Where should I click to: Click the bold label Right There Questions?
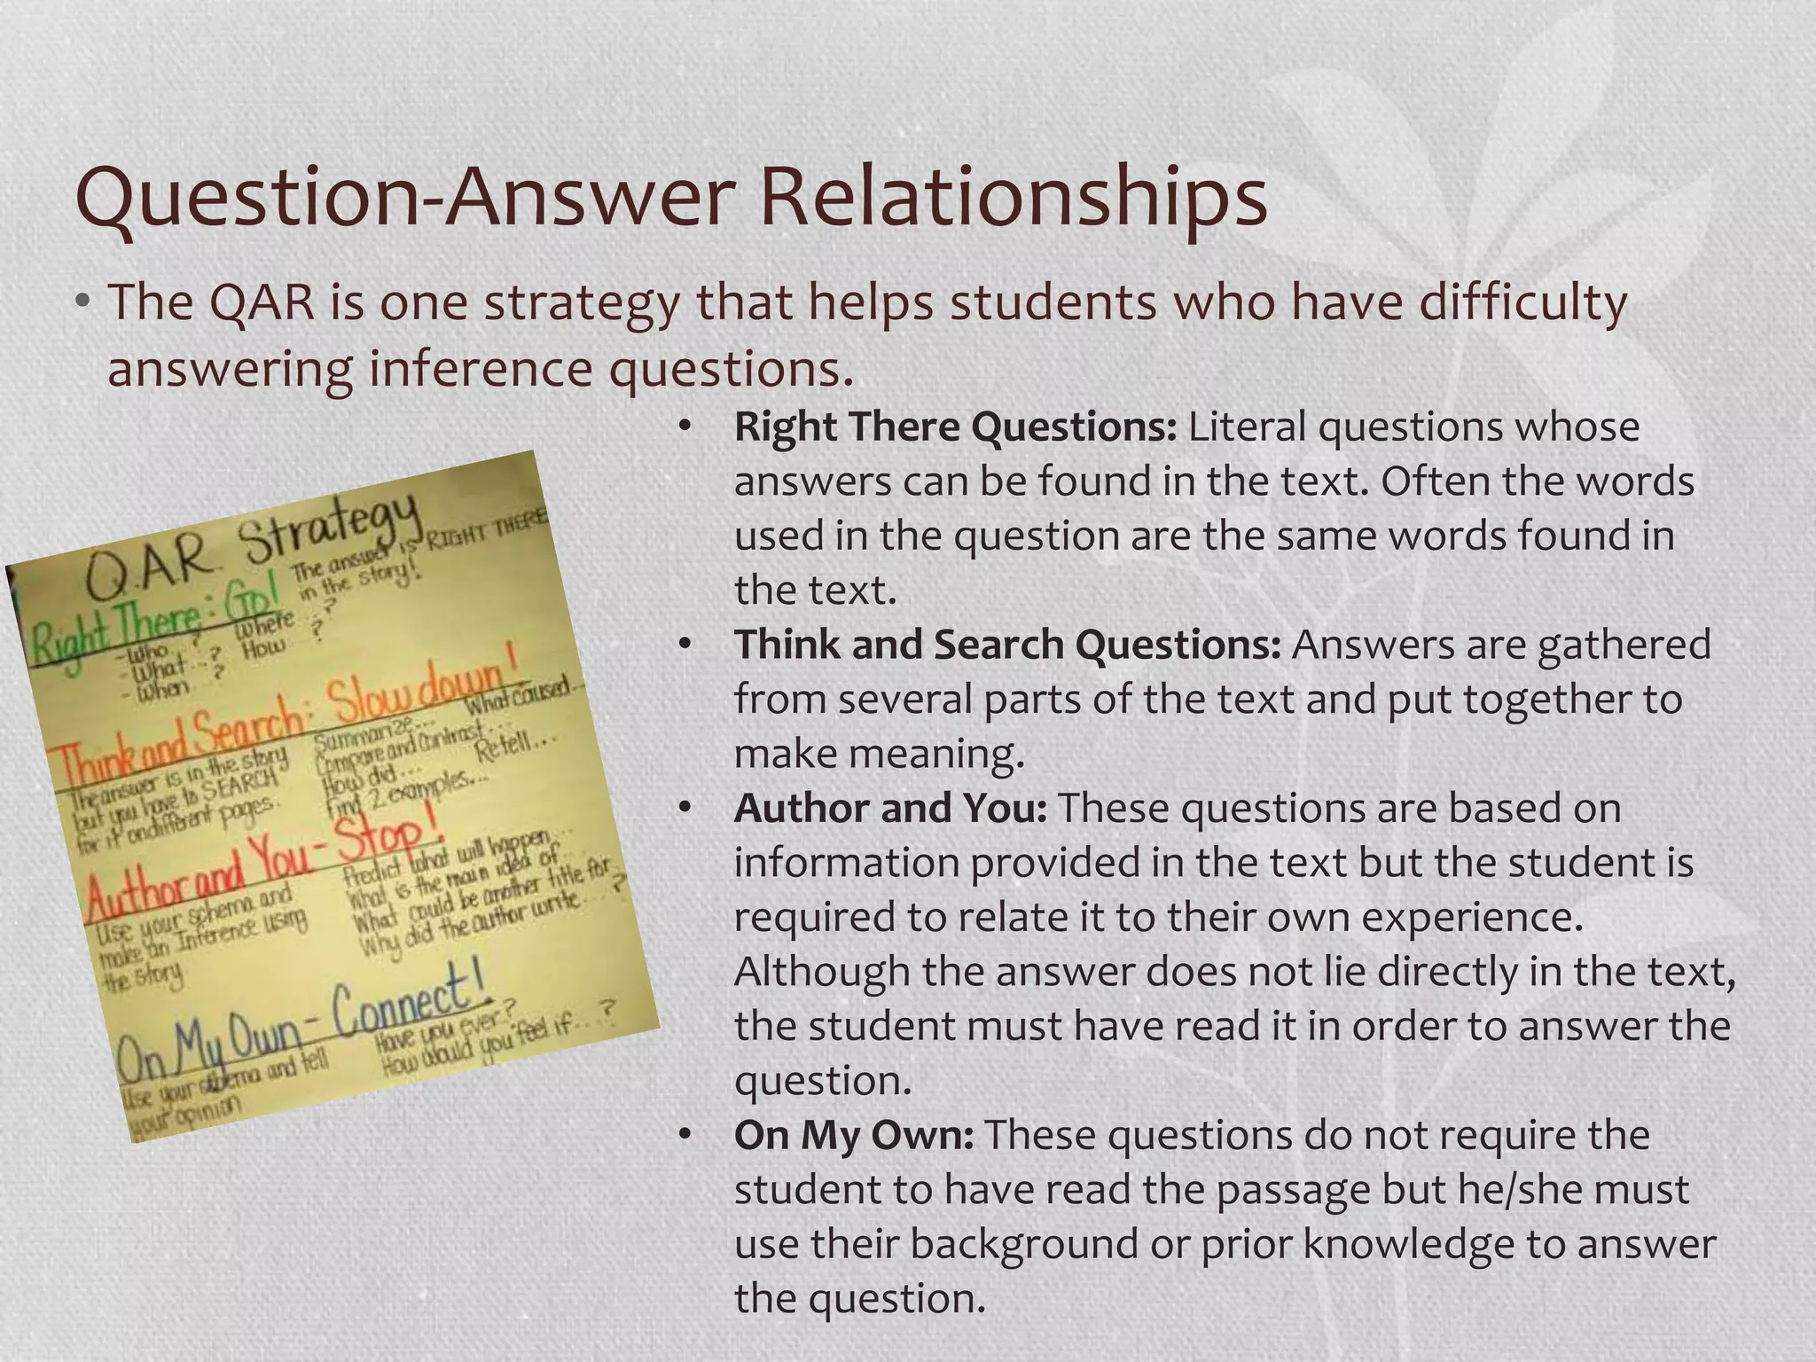pos(955,427)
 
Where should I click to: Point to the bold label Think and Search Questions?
pos(1007,645)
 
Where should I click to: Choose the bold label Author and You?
pos(890,808)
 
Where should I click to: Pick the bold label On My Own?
pos(854,1135)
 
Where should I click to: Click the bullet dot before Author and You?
pos(684,809)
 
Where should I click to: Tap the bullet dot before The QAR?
pos(83,302)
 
